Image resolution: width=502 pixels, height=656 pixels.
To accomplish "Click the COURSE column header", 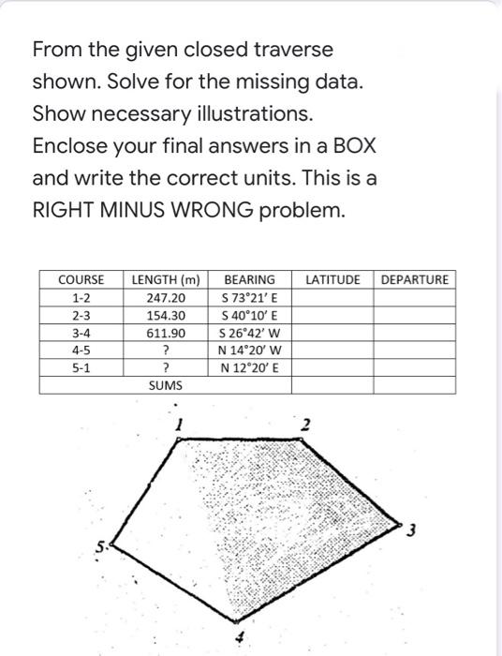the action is [x=81, y=279].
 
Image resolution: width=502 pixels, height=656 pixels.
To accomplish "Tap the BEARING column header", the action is [x=248, y=279].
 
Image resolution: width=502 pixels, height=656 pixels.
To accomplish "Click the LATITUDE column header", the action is [x=332, y=279].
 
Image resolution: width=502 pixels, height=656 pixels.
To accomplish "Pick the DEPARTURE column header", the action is [x=415, y=279].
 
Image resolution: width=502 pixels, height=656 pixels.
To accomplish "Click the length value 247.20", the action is [x=165, y=297].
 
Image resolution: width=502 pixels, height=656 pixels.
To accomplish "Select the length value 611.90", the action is [x=165, y=333].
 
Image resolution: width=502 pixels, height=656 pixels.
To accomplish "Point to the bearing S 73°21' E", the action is [x=248, y=297].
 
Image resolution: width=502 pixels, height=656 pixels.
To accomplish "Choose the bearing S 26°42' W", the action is [x=248, y=333].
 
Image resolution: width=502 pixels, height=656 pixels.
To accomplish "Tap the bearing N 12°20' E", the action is [x=248, y=367].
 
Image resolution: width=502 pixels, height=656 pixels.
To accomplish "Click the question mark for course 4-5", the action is [x=165, y=350].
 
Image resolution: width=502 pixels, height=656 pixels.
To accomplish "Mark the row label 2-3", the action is [x=81, y=315].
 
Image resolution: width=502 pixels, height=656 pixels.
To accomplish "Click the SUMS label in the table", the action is [x=165, y=385].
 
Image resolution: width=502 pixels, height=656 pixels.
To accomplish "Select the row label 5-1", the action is [x=81, y=367].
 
